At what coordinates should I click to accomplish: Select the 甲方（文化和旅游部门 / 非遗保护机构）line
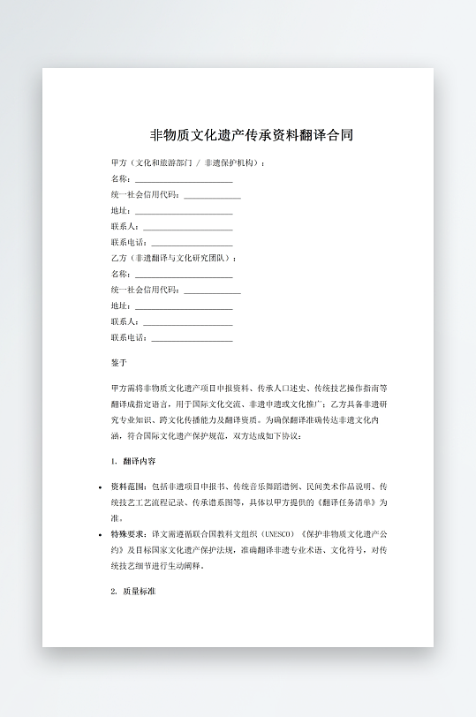(187, 163)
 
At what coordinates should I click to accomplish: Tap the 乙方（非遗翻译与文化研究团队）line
(174, 258)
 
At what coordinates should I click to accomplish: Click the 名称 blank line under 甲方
(183, 179)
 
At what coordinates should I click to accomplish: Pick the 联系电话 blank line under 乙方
(192, 338)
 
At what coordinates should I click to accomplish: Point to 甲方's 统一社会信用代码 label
(146, 194)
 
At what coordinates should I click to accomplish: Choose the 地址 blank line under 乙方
(183, 306)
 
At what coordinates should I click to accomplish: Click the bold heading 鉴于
(119, 362)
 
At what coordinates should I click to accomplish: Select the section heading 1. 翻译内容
(134, 461)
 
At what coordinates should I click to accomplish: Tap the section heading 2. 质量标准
(134, 591)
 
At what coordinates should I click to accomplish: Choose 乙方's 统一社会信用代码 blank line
(212, 291)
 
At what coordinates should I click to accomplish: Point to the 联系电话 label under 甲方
(130, 242)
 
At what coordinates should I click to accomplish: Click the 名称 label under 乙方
(121, 274)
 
